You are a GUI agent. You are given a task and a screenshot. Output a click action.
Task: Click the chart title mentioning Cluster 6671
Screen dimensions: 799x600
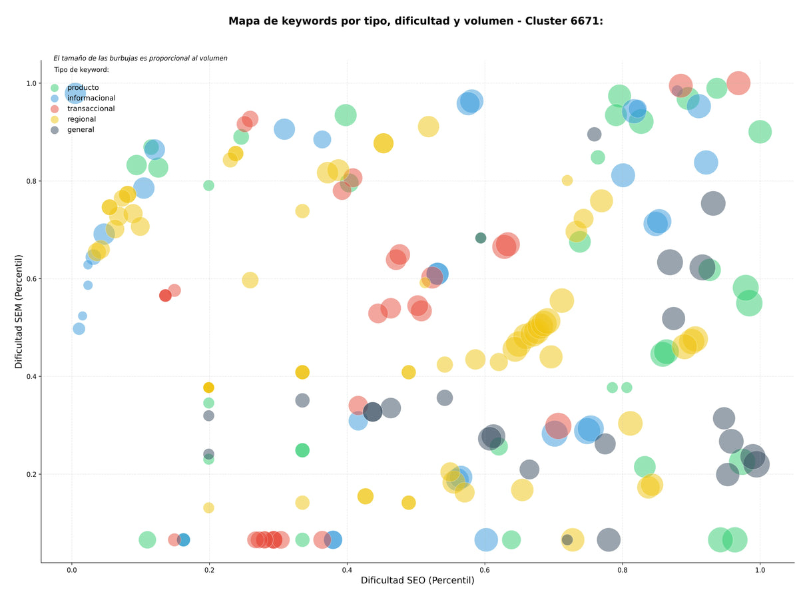pos(415,21)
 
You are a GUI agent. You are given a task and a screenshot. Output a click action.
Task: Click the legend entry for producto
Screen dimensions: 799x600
pos(83,87)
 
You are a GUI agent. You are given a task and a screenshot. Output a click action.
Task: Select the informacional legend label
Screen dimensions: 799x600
pos(91,98)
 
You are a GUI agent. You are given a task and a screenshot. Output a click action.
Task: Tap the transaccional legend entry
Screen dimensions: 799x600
pos(91,109)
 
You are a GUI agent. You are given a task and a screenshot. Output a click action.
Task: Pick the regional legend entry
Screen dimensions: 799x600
pos(81,119)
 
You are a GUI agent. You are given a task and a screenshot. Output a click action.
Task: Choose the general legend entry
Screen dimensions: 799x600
pos(81,130)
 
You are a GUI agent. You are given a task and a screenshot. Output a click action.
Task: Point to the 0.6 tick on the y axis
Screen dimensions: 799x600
pos(31,279)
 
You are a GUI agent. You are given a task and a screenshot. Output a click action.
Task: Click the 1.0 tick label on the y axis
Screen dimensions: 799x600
pos(31,83)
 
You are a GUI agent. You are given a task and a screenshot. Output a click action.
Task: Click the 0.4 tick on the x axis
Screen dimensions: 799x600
pos(346,570)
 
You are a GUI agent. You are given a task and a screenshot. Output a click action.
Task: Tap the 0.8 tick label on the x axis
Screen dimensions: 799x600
pos(622,570)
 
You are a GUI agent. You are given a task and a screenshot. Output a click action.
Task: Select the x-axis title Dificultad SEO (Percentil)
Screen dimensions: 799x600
pos(417,580)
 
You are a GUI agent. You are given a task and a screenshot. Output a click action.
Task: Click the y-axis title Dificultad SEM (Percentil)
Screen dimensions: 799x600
pos(19,312)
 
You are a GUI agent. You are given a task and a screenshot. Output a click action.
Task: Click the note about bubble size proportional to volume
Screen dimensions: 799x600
pos(140,58)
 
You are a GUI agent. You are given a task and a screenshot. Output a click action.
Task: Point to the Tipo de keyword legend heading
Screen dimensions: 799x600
pos(81,69)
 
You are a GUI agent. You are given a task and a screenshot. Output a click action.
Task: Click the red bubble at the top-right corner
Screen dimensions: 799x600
pos(738,83)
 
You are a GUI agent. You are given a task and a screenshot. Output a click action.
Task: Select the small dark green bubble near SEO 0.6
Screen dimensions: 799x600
pos(481,238)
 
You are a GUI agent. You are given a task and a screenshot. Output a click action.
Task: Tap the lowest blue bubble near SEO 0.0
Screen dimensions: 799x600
pos(79,329)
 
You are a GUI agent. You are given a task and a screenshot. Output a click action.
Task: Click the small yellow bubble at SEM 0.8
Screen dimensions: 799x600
pos(567,180)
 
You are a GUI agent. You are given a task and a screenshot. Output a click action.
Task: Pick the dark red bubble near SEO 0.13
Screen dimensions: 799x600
pos(165,295)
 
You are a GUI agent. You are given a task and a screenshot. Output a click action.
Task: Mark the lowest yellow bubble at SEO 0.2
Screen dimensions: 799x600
pos(208,507)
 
